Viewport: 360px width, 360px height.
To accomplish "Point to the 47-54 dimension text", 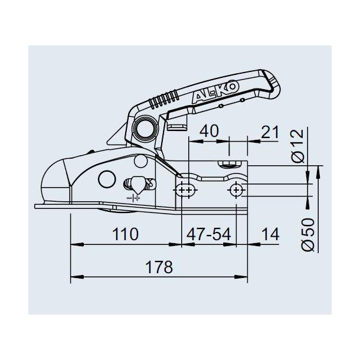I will [208, 234].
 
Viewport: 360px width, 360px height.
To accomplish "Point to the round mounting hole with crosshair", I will [237, 189].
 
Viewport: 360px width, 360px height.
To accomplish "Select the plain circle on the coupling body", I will [106, 179].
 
